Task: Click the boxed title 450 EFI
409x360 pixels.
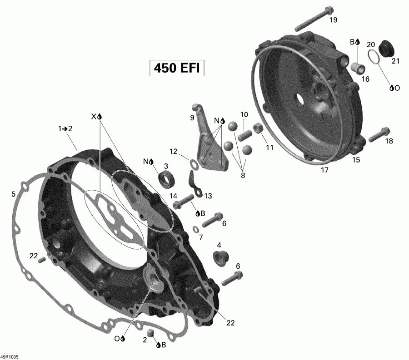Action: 176,68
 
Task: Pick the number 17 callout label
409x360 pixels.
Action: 324,170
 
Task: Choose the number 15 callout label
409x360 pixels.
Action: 356,160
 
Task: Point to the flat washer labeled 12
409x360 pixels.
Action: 193,163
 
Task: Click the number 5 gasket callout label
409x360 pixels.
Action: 13,195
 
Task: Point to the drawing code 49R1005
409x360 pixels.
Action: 10,356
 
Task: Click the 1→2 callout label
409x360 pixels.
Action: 65,128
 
